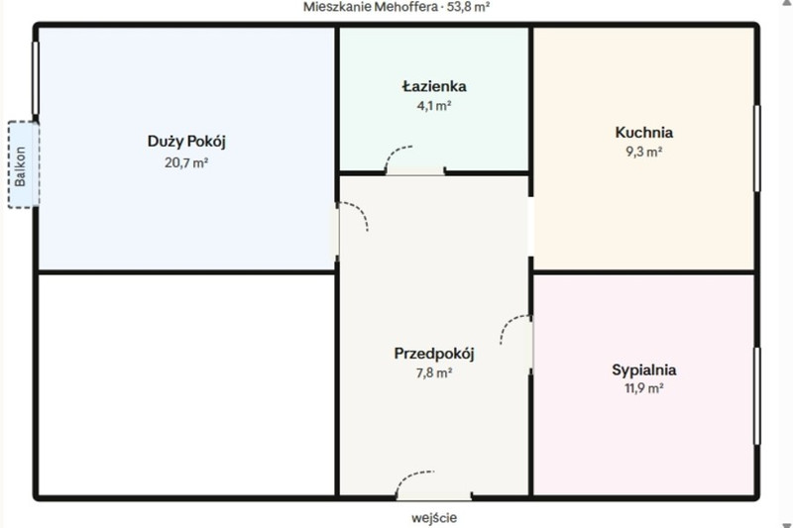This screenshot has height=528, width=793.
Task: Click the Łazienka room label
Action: pos(434,86)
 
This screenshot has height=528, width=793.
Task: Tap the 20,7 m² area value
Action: pos(186,162)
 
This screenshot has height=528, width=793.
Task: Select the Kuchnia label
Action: pos(643,133)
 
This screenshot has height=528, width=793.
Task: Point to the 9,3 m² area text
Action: pos(643,152)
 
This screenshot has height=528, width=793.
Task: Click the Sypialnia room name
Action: pos(643,370)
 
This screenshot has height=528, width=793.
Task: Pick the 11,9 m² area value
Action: pos(643,388)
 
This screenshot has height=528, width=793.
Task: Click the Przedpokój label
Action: pos(434,354)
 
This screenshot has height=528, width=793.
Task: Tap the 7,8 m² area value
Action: pos(434,372)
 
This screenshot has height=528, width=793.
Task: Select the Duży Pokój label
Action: pos(186,141)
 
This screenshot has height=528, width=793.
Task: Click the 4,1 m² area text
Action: pos(434,106)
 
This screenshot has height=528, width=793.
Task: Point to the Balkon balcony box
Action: pos(23,164)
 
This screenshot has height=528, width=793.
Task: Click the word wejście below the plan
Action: pos(434,518)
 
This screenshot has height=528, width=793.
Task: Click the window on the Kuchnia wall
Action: pos(757,148)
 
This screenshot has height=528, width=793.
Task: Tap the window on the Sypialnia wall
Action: pos(757,396)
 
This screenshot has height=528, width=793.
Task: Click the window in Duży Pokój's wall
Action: pos(36,78)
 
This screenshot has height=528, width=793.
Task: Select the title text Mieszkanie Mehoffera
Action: pos(371,7)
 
